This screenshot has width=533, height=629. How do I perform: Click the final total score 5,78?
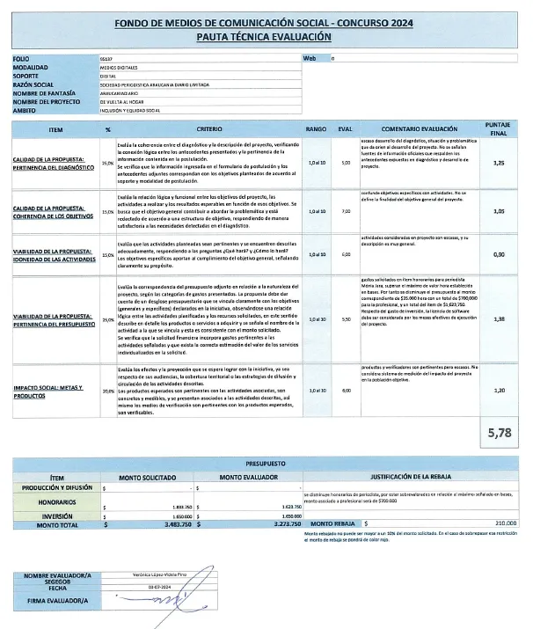coord(498,431)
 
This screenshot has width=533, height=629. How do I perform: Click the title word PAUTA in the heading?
coord(222,37)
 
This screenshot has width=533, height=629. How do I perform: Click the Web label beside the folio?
coord(309,58)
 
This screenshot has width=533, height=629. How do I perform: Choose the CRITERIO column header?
coord(209,128)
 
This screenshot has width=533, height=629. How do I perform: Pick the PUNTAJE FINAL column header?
coord(499,128)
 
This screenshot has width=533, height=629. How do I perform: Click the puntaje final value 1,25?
coord(499,164)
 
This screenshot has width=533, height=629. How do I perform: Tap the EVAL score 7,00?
coord(345,211)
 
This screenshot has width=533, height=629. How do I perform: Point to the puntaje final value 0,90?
coord(499,254)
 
